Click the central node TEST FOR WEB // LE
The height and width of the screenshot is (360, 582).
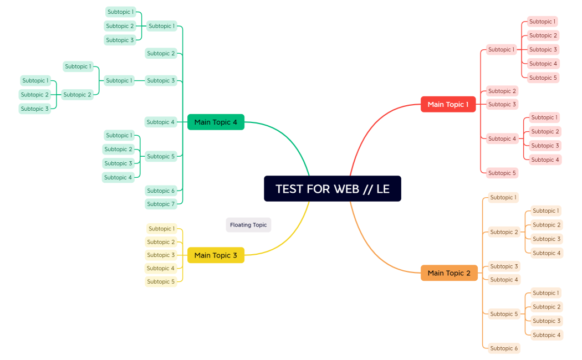[333, 189]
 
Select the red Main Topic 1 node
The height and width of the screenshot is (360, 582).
[448, 104]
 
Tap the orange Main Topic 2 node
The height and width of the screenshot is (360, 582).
[449, 273]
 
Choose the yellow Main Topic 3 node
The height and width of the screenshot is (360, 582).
[216, 255]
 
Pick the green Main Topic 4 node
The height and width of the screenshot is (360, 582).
[216, 122]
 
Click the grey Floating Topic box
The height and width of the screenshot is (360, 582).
[248, 225]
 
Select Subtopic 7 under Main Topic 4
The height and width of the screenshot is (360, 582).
[161, 204]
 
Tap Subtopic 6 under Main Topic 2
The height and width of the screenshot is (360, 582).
[504, 348]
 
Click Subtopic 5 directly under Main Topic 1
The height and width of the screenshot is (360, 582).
[502, 173]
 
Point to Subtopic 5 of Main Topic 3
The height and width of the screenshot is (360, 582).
[161, 281]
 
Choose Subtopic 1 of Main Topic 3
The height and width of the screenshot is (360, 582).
[161, 229]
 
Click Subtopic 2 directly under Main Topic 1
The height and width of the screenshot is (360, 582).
[502, 91]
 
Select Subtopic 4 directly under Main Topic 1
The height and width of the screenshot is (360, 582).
[502, 138]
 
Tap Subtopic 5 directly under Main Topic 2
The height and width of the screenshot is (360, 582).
[504, 314]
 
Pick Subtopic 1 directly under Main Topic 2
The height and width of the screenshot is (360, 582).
[503, 197]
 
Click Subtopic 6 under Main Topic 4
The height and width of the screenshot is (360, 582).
[161, 191]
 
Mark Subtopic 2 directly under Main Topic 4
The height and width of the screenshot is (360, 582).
[161, 53]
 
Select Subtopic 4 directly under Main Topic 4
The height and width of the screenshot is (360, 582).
[161, 122]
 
